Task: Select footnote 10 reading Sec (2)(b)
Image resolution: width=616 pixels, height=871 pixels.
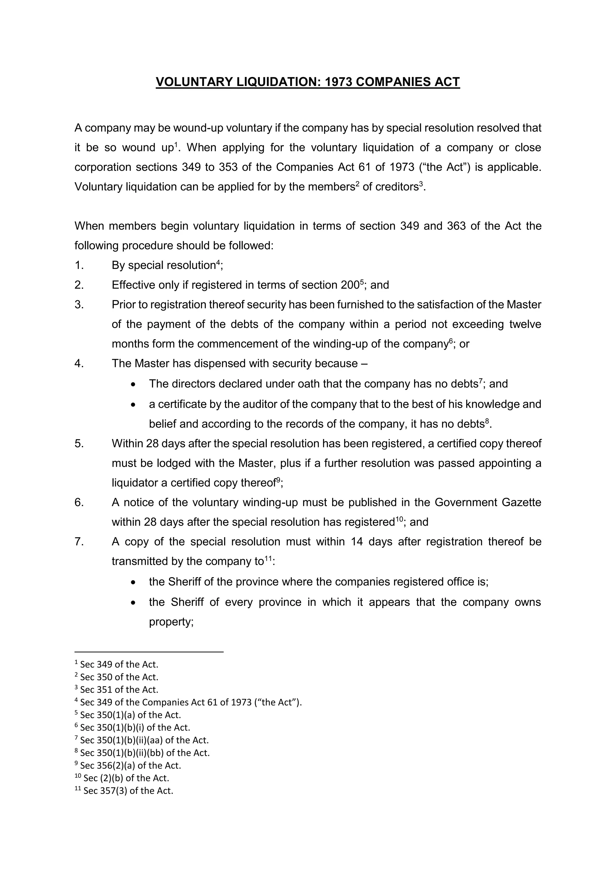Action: coord(122,778)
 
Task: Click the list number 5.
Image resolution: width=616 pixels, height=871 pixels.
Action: coord(79,443)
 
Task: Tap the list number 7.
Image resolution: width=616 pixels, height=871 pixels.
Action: coord(79,541)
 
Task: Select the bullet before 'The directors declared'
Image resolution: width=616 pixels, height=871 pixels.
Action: coord(133,384)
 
